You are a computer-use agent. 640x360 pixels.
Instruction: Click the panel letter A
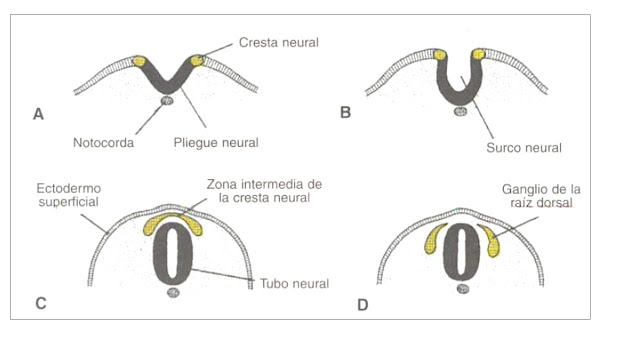38,113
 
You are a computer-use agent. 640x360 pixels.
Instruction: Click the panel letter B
346,112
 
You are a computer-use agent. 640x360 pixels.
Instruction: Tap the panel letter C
39,303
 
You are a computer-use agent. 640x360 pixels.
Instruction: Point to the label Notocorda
102,143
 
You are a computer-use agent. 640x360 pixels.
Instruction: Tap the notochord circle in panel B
460,110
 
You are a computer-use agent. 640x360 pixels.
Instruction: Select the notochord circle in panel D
461,289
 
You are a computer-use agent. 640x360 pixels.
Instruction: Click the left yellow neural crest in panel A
139,61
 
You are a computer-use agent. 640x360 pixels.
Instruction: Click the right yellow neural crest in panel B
479,53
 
